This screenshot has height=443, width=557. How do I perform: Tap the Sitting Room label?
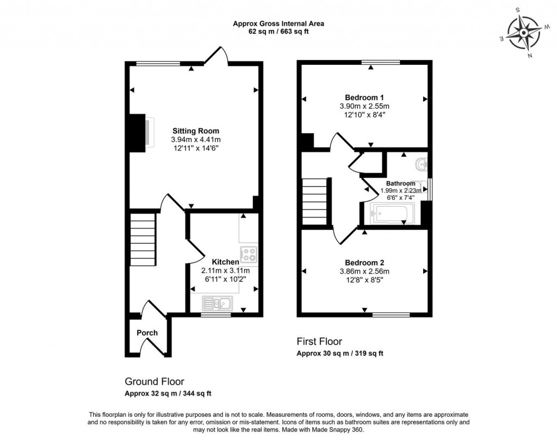pyautogui.click(x=196, y=131)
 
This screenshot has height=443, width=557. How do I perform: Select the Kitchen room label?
pyautogui.click(x=225, y=262)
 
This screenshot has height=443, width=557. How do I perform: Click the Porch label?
pyautogui.click(x=147, y=333)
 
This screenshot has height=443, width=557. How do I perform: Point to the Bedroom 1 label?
pyautogui.click(x=364, y=98)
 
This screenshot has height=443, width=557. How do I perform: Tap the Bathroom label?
pyautogui.click(x=400, y=183)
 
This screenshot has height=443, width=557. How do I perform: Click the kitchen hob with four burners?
pyautogui.click(x=249, y=254)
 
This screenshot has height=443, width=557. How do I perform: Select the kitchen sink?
pyautogui.click(x=217, y=303)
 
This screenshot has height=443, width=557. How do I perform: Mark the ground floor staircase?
pyautogui.click(x=143, y=239)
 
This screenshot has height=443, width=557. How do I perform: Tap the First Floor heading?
pyautogui.click(x=319, y=342)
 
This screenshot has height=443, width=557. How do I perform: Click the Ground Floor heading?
pyautogui.click(x=154, y=382)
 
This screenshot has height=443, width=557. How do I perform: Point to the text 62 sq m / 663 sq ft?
pyautogui.click(x=278, y=32)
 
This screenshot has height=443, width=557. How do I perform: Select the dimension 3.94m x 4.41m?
pyautogui.click(x=196, y=139)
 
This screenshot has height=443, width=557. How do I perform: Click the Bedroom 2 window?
pyautogui.click(x=391, y=315)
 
